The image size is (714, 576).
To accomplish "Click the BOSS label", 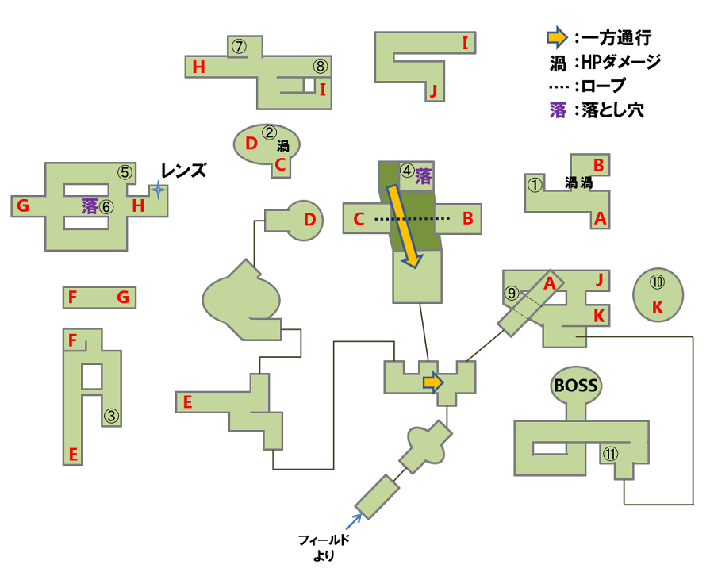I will (x=576, y=386).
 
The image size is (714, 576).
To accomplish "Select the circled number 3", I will (x=111, y=414).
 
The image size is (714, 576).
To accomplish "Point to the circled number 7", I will (x=240, y=46).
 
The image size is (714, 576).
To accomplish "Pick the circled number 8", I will (x=319, y=66).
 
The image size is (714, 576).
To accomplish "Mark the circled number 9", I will (x=511, y=292).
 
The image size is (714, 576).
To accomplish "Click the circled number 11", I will (x=610, y=454).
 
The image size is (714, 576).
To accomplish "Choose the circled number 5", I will (x=124, y=171).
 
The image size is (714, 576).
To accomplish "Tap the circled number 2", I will (x=269, y=132).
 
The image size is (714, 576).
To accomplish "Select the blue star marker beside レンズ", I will (x=159, y=190).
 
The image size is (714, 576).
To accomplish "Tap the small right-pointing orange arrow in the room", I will (x=432, y=382).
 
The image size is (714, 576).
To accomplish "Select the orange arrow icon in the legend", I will (x=557, y=36).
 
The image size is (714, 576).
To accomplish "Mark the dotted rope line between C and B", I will (x=406, y=218).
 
